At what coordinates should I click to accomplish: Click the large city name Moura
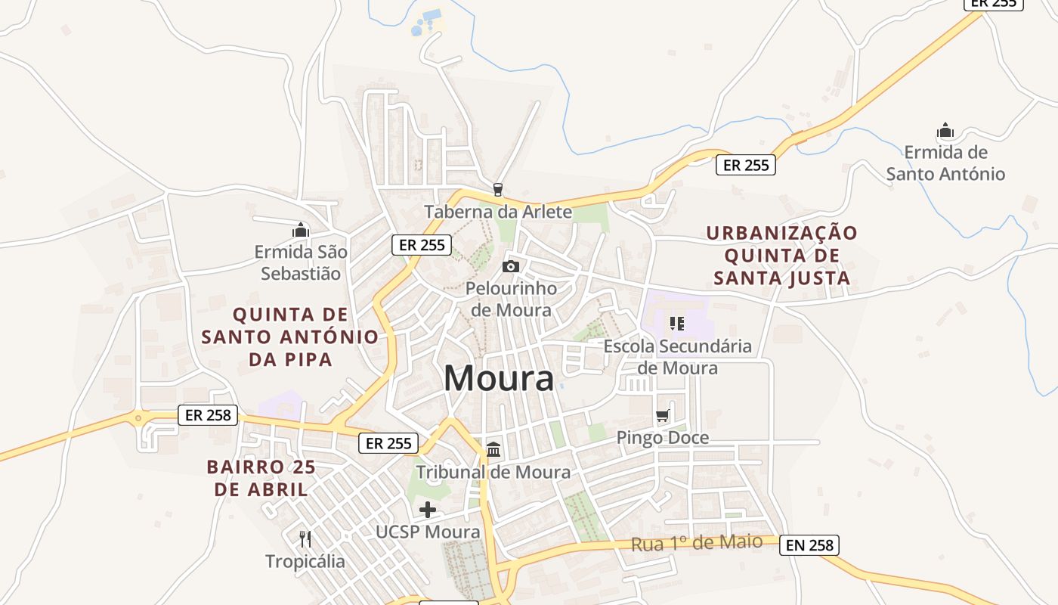(498, 377)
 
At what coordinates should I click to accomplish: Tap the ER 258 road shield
(209, 415)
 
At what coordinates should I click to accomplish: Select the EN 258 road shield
(809, 544)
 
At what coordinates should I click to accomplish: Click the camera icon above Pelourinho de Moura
(511, 266)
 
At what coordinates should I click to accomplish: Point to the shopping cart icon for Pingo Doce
(663, 415)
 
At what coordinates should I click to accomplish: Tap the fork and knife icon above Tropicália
(305, 538)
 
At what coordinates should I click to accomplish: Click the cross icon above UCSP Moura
(428, 510)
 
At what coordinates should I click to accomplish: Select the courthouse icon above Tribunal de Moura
(493, 449)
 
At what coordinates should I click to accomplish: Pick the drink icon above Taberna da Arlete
(497, 189)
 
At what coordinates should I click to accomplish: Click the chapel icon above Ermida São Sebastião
(301, 229)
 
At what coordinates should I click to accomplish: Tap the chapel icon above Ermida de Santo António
(945, 131)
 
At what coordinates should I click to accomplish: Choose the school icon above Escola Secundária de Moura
(677, 324)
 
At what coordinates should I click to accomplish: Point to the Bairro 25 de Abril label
(261, 478)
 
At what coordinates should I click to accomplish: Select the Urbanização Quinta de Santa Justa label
(782, 255)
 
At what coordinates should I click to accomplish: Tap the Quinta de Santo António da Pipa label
(290, 337)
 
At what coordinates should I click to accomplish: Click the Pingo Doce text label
(663, 438)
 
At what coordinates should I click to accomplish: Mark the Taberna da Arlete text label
(498, 212)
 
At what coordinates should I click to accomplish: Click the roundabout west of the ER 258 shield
(138, 417)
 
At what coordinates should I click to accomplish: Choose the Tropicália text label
(305, 561)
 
